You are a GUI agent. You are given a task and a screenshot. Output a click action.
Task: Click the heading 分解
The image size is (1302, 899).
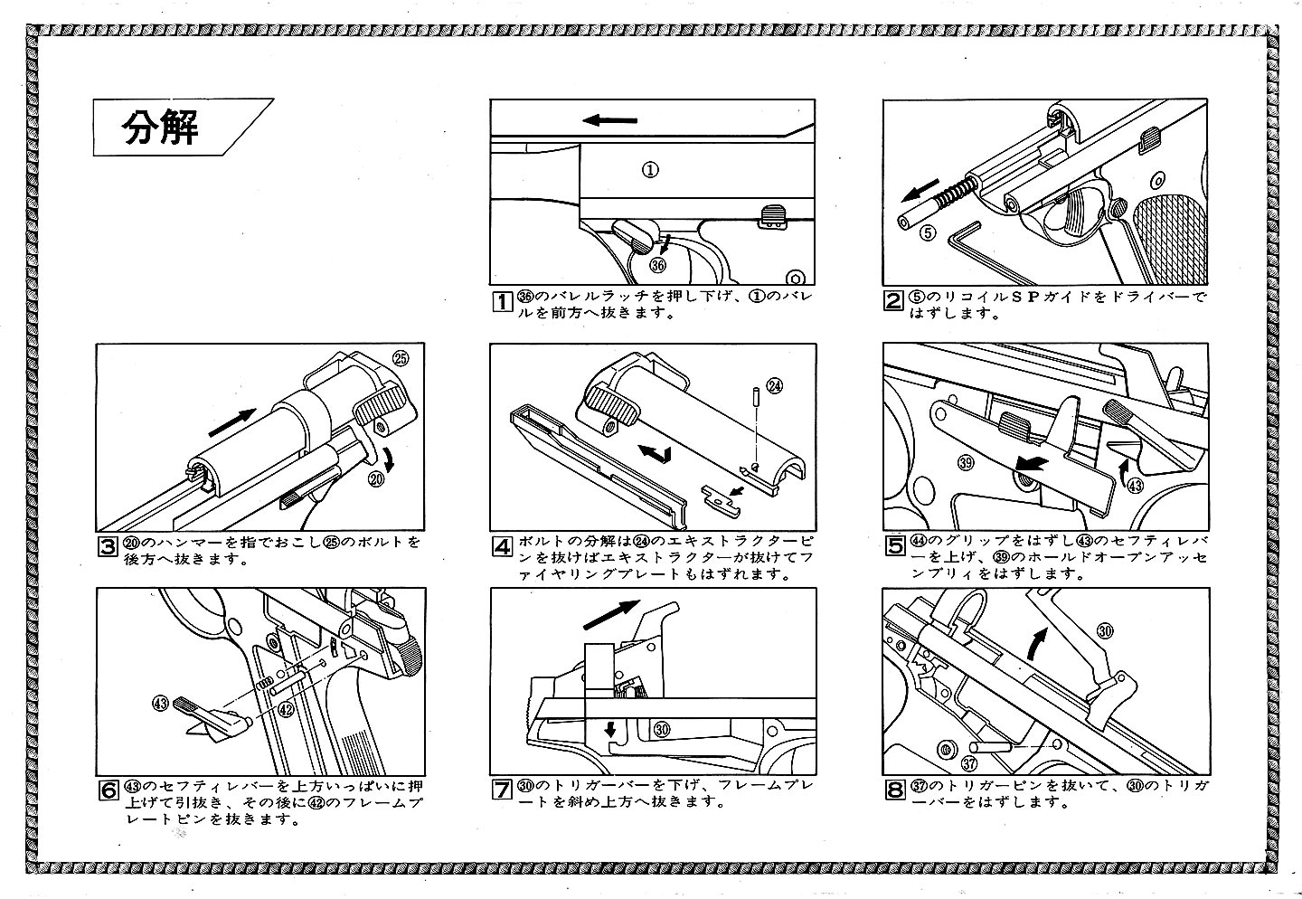coord(160,129)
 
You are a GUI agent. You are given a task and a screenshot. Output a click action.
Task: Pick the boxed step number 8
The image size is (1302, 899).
coord(893,790)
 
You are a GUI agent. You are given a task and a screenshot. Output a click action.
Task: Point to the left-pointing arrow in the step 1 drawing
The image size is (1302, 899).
coord(609,120)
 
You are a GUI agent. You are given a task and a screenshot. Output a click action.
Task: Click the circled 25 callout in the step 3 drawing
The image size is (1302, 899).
coord(402,357)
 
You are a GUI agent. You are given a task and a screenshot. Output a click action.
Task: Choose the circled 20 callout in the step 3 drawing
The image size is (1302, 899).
coord(377,480)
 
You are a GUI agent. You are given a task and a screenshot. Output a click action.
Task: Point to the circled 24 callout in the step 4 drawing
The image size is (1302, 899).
coord(774,385)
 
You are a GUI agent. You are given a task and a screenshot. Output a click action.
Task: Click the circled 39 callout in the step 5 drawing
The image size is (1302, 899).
coord(966,463)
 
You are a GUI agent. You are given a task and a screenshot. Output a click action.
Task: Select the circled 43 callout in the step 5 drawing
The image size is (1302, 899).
coord(1135,485)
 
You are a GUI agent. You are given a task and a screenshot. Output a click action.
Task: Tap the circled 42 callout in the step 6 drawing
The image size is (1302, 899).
coord(286,710)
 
